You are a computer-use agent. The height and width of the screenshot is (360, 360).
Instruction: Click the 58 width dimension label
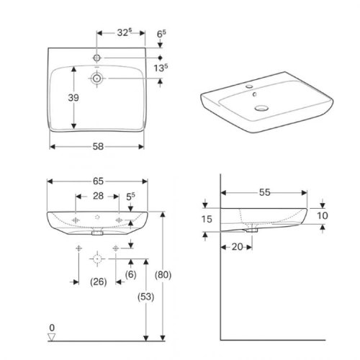pos(98,146)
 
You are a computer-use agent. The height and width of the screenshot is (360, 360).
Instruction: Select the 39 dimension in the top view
pos(62,99)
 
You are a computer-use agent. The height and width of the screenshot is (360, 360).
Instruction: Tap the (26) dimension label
pos(98,282)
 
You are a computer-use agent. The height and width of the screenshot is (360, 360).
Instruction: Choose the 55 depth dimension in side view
pos(266,194)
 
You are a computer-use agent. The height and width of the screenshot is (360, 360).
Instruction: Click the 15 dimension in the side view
pos(207,219)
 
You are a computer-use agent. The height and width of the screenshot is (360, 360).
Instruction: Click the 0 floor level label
pos(51,328)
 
